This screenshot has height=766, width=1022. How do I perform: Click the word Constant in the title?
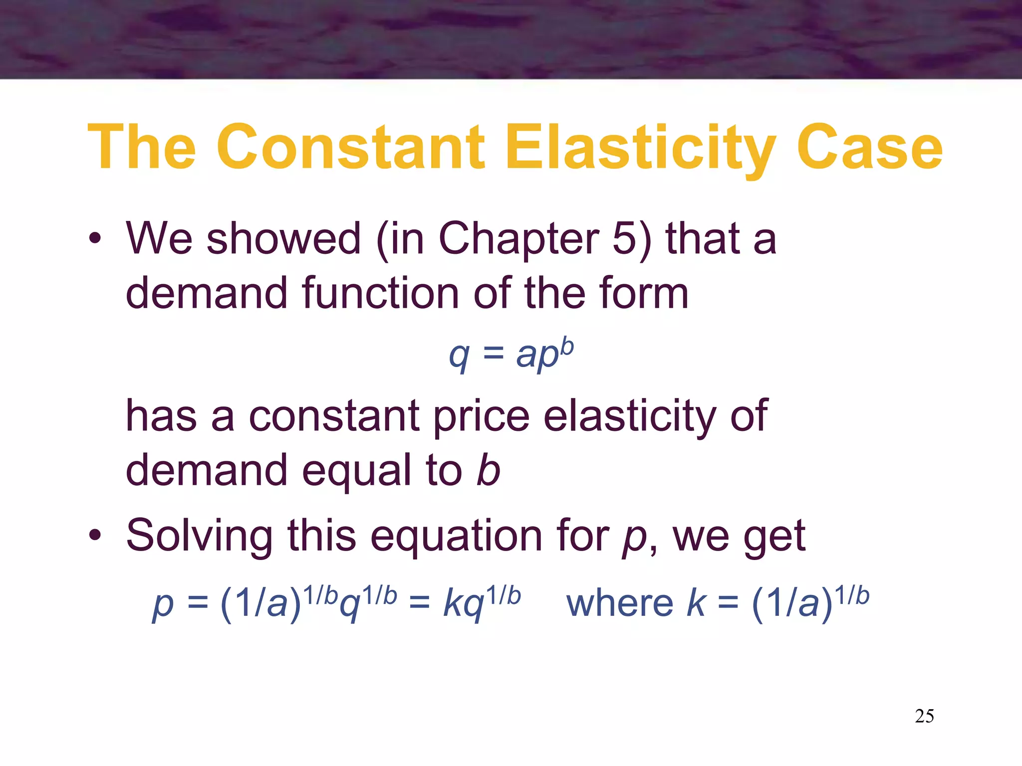pyautogui.click(x=350, y=148)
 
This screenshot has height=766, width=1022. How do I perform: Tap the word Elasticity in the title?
pyautogui.click(x=640, y=148)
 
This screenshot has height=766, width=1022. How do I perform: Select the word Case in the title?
pyautogui.click(x=869, y=148)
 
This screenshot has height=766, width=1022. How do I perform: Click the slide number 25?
pyautogui.click(x=924, y=716)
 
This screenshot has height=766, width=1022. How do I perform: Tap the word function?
pyautogui.click(x=380, y=293)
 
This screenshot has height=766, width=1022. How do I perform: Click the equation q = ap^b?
pyautogui.click(x=511, y=354)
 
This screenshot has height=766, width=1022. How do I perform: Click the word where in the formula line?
pyautogui.click(x=620, y=603)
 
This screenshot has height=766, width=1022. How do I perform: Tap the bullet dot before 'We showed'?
pyautogui.click(x=95, y=239)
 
